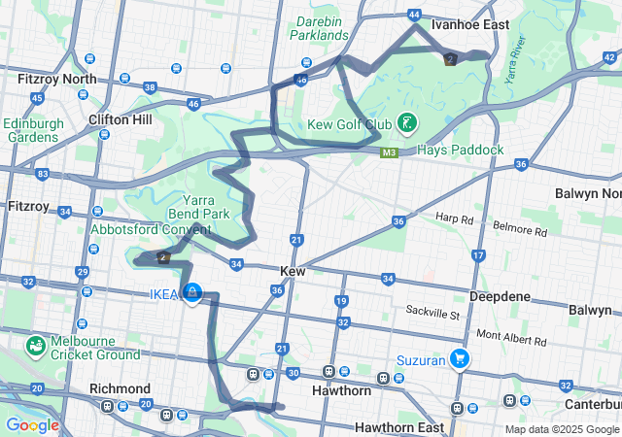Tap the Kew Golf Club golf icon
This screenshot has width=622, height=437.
(409, 123)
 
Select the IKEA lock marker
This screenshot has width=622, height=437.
(192, 292)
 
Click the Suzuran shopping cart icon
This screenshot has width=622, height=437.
(459, 359)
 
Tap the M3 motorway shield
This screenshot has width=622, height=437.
(389, 152)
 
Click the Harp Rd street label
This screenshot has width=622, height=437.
(452, 218)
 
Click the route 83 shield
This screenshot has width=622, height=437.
(42, 175)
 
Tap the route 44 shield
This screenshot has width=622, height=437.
(415, 16)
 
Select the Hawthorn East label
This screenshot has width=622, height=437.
(399, 427)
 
